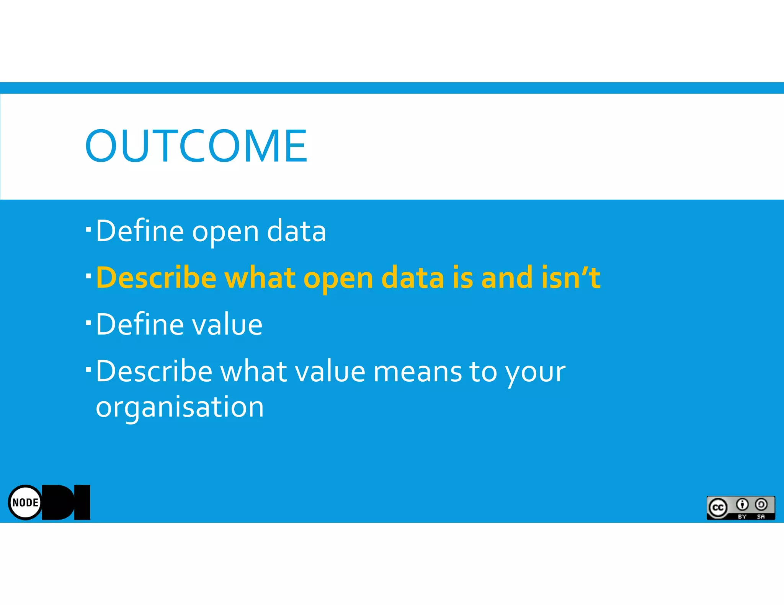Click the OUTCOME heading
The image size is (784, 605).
tap(196, 146)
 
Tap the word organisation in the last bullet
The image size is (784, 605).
tap(180, 407)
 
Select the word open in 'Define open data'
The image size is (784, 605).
tap(225, 232)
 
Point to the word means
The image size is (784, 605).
tap(417, 372)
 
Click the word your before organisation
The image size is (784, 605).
tap(535, 372)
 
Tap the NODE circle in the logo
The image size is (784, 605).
tap(25, 502)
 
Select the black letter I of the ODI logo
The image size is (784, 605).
tap(82, 502)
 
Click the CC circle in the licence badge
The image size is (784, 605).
tap(718, 508)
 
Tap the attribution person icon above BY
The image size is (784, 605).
tap(742, 505)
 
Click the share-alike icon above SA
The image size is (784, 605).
tap(761, 505)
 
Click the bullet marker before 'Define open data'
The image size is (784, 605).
tap(88, 229)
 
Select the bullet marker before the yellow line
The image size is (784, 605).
tap(88, 276)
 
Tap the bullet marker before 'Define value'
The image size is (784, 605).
tap(88, 323)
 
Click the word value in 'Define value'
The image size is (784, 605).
tap(227, 324)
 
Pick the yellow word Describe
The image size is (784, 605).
tap(156, 277)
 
